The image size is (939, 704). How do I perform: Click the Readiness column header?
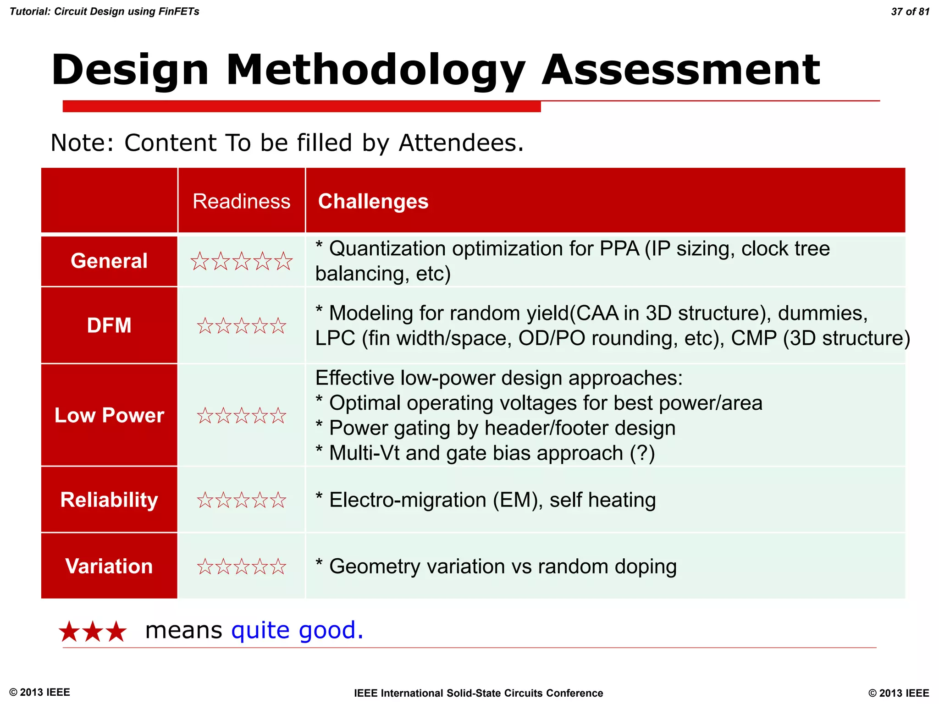click(241, 201)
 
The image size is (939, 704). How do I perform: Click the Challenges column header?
click(373, 201)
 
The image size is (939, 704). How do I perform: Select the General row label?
click(109, 261)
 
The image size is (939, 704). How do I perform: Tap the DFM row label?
click(109, 325)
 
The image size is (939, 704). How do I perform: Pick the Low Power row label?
click(109, 415)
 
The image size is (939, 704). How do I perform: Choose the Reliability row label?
click(109, 500)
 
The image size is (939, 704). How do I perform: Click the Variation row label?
click(109, 566)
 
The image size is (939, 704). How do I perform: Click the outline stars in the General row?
click(241, 261)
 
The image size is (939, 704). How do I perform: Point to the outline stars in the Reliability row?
click(241, 500)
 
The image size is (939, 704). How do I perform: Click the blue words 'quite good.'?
click(297, 630)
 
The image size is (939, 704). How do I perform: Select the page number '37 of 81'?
click(910, 11)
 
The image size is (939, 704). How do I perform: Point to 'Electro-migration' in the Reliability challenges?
click(408, 500)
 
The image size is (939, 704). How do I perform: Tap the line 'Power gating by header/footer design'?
click(502, 428)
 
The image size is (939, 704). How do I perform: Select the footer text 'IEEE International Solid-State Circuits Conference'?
click(478, 693)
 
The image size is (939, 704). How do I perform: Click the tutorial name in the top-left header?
click(105, 11)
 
